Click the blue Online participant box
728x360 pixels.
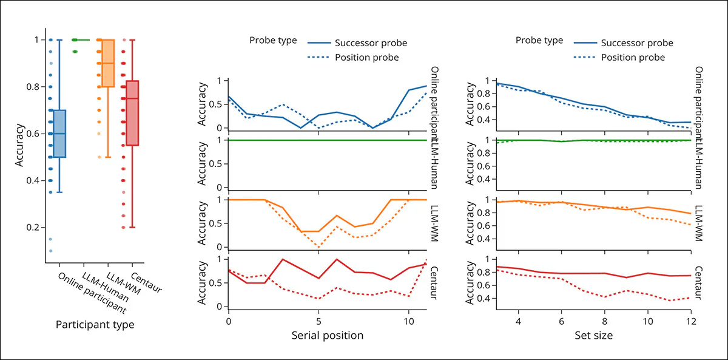59,134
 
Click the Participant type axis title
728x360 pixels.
95,325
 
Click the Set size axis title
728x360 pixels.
593,335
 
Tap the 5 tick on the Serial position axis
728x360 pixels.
318,320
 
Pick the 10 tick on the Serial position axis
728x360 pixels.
408,320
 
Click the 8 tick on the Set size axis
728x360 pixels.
605,320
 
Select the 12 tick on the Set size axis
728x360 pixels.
690,320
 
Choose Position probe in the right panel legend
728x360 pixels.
633,58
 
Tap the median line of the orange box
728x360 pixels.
108,63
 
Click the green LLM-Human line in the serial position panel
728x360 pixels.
328,140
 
